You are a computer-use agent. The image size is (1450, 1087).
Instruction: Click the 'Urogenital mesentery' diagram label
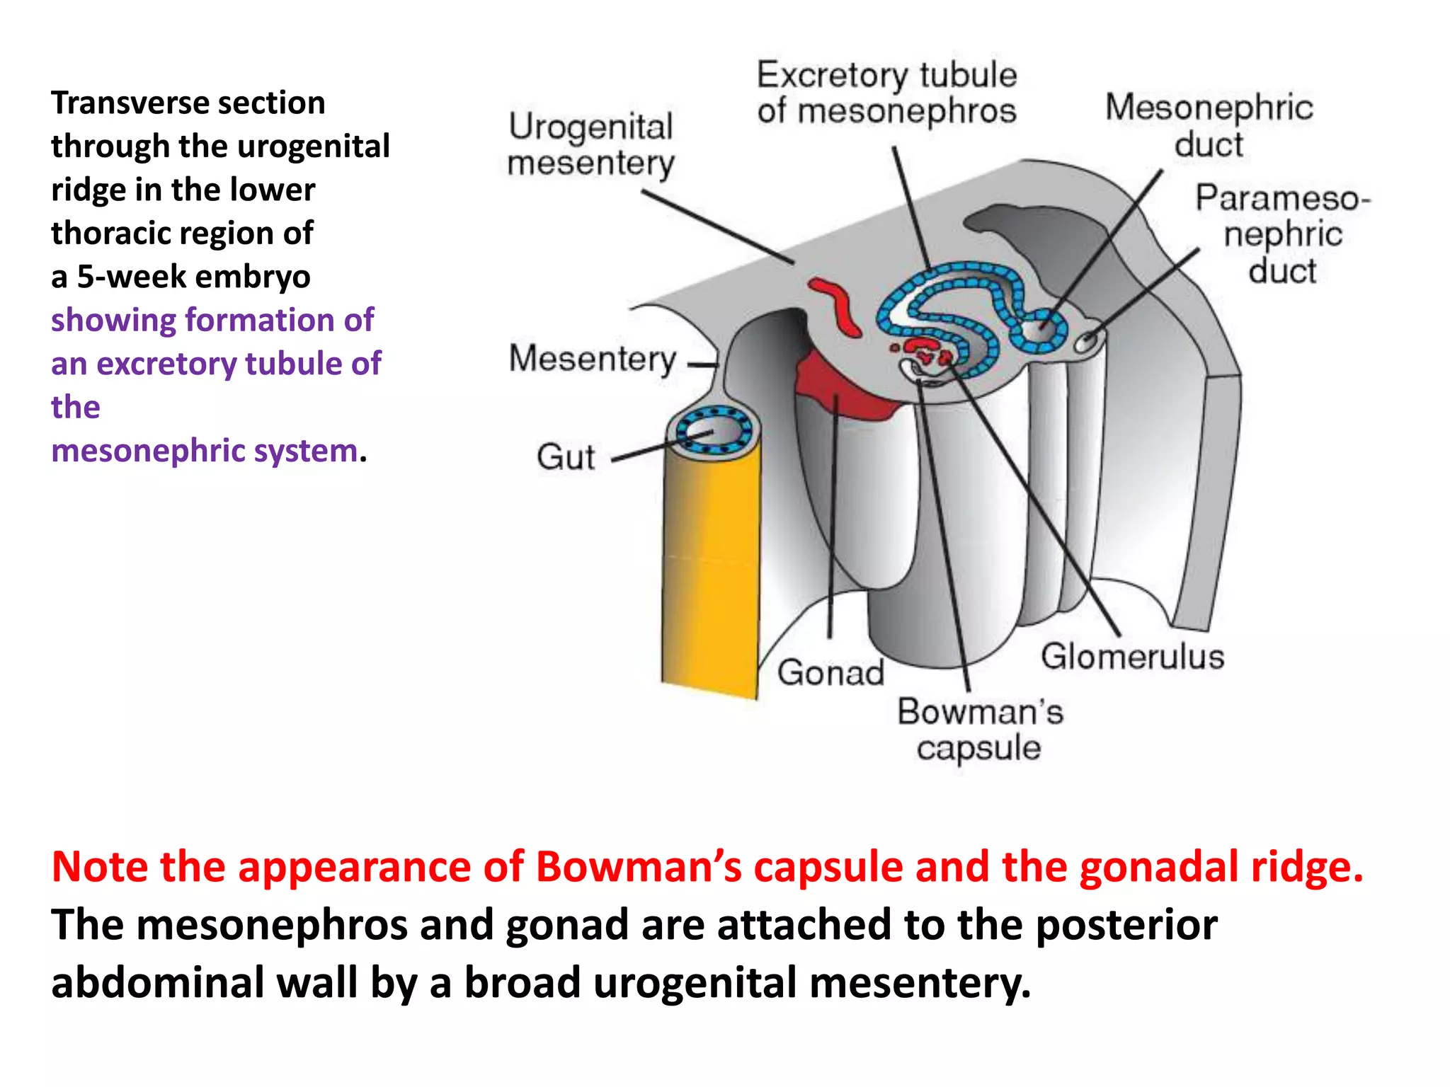point(591,145)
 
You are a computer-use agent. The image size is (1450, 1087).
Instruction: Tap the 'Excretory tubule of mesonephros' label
point(886,93)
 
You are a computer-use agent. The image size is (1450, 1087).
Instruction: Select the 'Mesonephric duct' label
point(1209,125)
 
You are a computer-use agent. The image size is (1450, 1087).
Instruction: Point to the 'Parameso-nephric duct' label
point(1282,234)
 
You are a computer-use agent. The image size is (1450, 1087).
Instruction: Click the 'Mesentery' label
point(593,359)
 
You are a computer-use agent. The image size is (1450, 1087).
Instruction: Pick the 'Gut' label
point(565,456)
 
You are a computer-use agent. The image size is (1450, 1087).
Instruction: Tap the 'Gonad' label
point(830,672)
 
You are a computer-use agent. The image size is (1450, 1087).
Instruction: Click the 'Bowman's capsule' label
point(980,730)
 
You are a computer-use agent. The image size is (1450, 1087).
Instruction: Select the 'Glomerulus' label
point(1132,656)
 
